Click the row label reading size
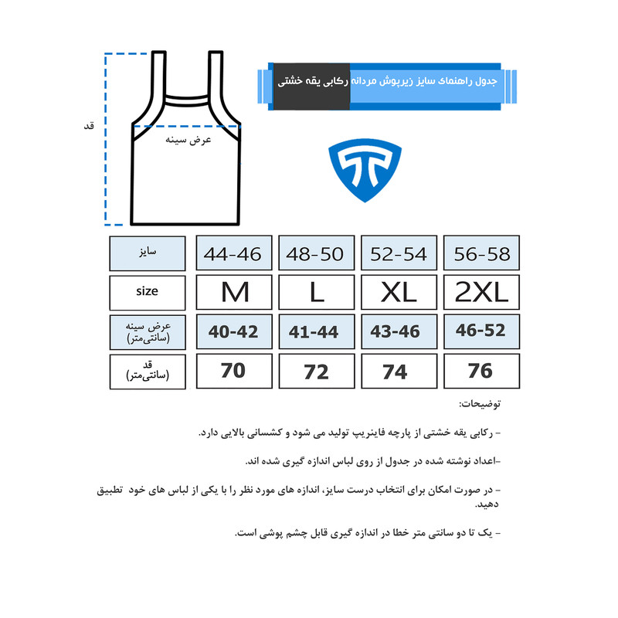tap(147, 292)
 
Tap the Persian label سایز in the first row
tap(147, 253)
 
